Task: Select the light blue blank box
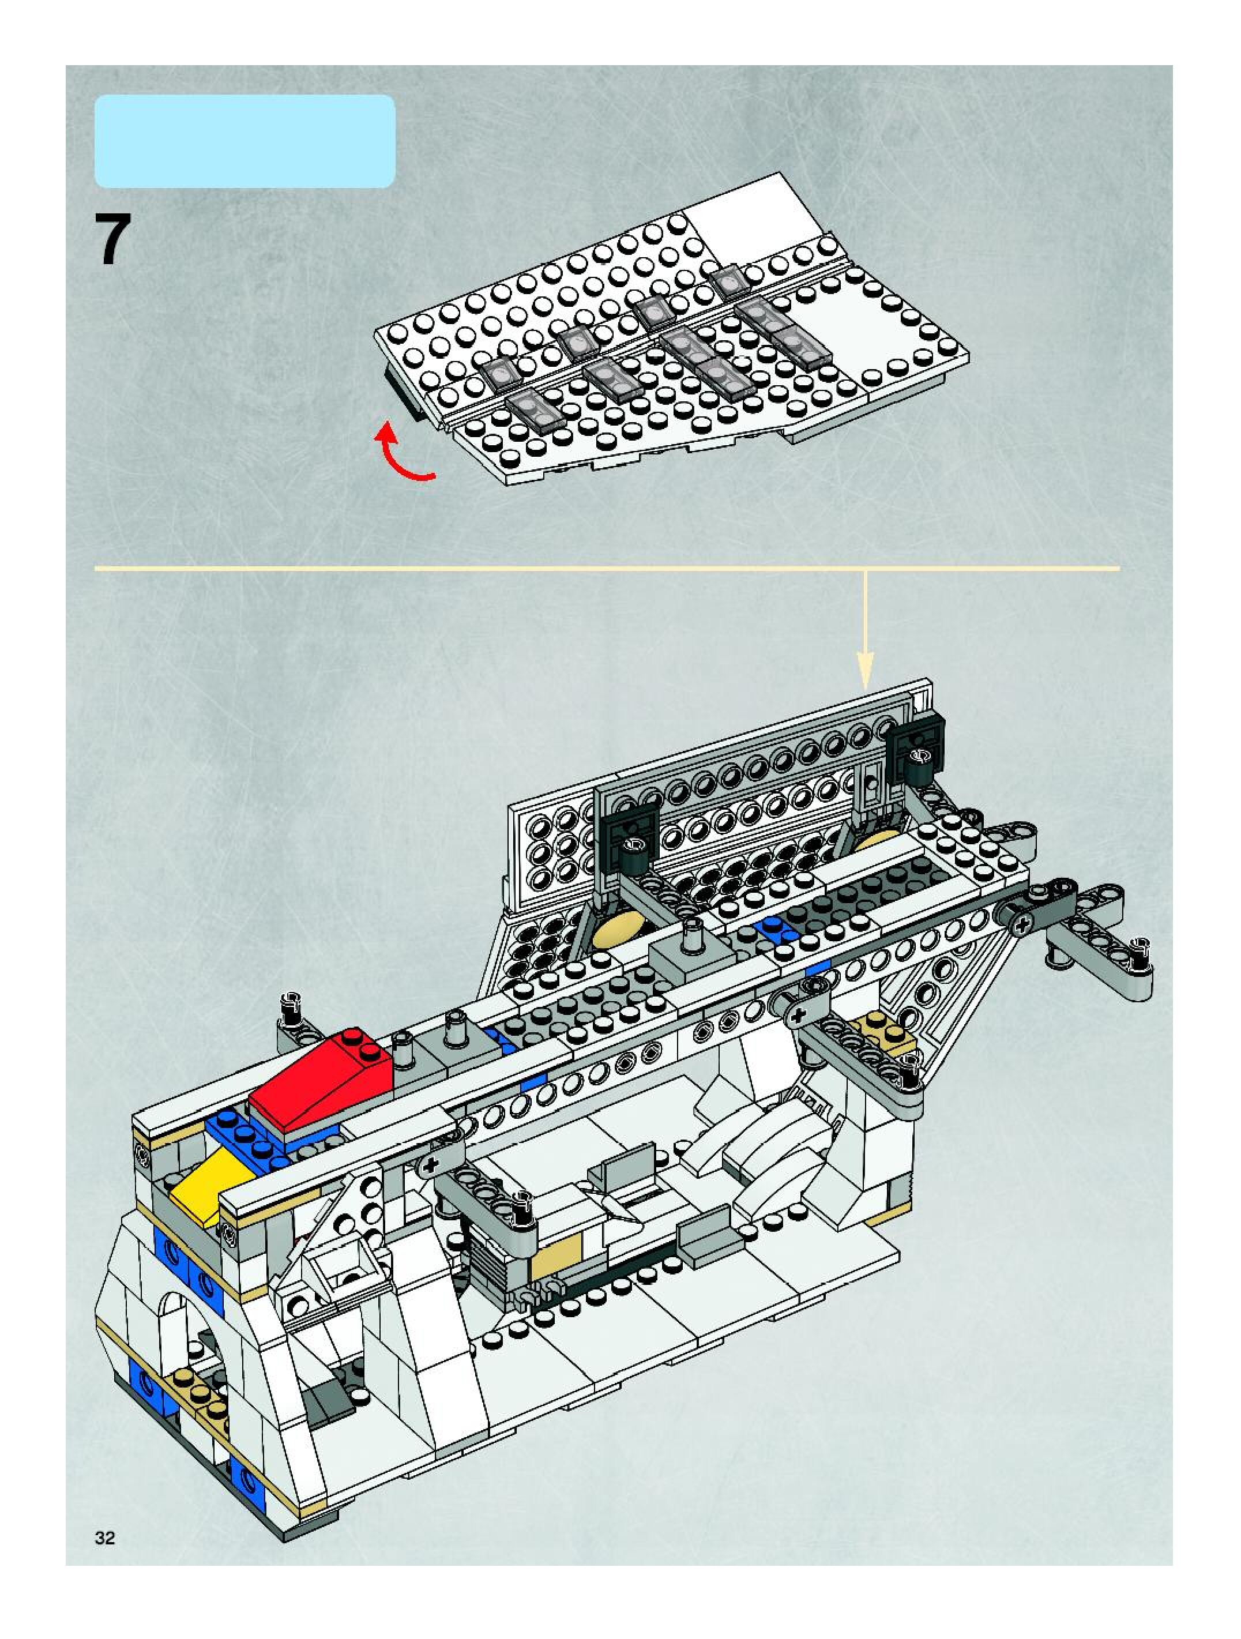(245, 141)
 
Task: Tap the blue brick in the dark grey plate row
(772, 929)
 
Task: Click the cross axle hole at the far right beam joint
(1023, 924)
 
